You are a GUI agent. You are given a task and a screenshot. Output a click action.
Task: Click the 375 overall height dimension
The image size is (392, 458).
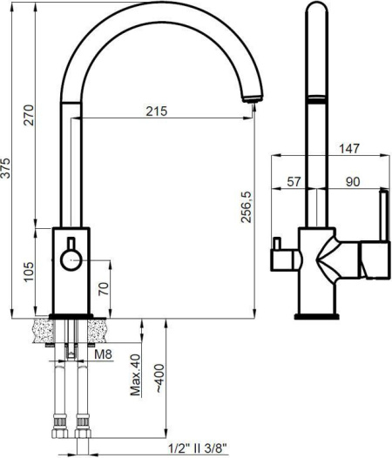(6, 168)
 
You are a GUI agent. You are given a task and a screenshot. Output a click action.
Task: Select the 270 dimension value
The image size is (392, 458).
(30, 115)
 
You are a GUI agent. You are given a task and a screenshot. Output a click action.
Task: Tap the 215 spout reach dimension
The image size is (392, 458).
(157, 111)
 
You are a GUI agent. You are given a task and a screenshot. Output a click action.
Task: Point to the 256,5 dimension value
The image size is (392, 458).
(247, 207)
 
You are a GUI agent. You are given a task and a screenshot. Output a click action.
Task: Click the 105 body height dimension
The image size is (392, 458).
(30, 272)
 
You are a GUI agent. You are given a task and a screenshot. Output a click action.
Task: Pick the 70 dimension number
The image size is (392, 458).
(104, 289)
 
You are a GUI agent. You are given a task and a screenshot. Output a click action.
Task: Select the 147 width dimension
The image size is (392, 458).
(349, 148)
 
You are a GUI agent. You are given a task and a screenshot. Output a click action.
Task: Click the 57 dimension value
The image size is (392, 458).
(294, 182)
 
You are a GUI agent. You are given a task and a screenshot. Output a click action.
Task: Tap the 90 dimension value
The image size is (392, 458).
(353, 182)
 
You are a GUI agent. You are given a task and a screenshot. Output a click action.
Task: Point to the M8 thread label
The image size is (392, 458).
(103, 354)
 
